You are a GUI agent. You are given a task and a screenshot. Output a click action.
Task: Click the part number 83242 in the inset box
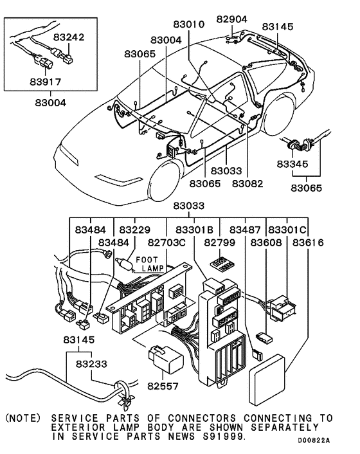click(69, 38)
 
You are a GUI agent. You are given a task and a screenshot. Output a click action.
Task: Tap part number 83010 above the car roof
click(188, 25)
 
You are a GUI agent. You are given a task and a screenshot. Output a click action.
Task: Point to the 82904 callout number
click(231, 19)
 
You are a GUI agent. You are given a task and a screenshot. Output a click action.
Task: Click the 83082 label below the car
click(248, 183)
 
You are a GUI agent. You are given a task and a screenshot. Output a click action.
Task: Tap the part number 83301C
click(287, 230)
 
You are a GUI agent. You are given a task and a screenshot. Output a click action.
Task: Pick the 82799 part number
click(221, 243)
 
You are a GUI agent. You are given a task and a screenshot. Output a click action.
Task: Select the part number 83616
click(308, 243)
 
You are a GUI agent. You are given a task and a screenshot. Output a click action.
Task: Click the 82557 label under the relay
click(164, 387)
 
